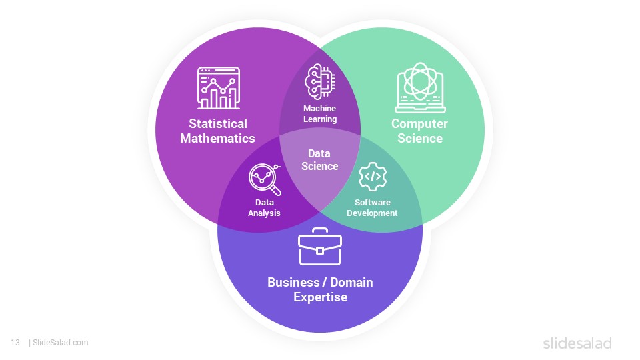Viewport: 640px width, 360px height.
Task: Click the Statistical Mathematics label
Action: pos(217,131)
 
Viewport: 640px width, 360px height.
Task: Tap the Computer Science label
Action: pos(419,131)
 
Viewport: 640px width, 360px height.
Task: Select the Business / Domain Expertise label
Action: pos(320,289)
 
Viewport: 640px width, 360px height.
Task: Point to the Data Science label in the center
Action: pos(319,159)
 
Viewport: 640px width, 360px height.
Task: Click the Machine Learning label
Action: pos(320,113)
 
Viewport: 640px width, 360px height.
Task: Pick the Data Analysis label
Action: pos(264,207)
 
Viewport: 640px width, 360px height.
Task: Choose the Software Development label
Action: pos(372,207)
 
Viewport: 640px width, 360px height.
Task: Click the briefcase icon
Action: pos(320,246)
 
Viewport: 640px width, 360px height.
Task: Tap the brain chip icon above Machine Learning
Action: pos(321,81)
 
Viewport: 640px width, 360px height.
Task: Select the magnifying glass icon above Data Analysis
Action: pos(265,179)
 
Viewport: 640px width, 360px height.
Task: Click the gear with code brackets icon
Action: pos(372,177)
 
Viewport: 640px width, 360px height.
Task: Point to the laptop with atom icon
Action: pos(420,87)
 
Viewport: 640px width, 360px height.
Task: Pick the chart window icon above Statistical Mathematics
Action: pos(219,88)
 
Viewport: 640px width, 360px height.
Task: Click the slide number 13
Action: pos(15,343)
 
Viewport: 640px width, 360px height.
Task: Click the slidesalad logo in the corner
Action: pos(577,343)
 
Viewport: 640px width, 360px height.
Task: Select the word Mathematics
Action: pos(217,138)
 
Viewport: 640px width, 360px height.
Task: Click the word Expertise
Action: pos(321,297)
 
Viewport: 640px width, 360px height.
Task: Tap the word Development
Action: pos(372,213)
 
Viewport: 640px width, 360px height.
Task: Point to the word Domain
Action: pos(351,282)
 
